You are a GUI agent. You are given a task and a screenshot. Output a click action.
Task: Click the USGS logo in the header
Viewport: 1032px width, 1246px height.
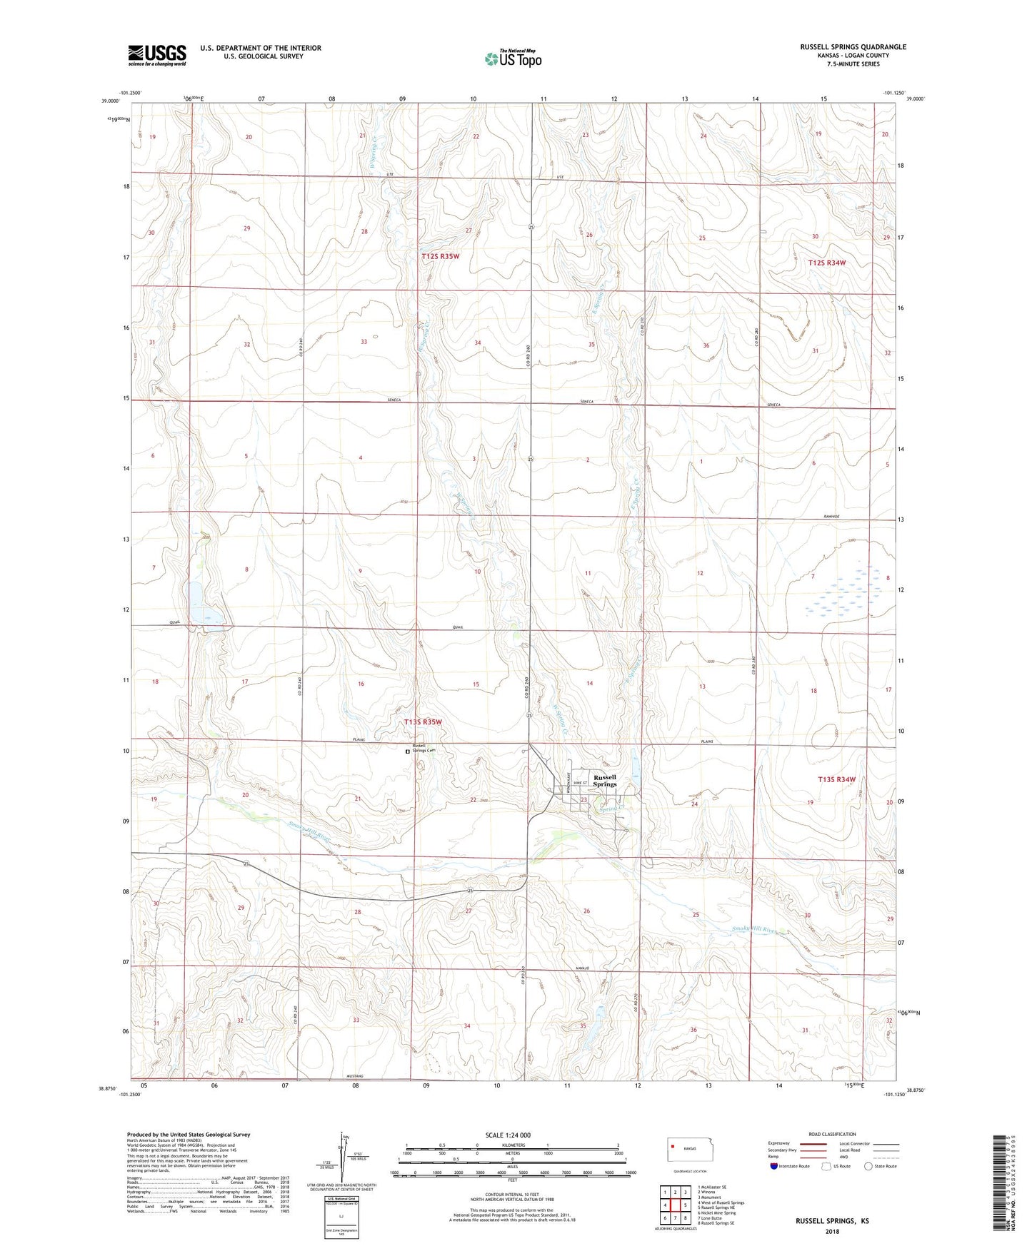point(157,55)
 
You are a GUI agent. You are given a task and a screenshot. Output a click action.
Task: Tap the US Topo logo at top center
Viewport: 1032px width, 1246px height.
point(512,58)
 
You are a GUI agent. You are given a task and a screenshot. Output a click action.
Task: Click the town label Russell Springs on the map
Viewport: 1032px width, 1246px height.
point(604,781)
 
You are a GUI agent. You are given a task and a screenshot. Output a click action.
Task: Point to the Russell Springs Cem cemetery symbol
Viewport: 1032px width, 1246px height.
point(409,751)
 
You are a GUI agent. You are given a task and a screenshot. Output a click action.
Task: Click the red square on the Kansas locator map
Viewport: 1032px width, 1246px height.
point(673,1148)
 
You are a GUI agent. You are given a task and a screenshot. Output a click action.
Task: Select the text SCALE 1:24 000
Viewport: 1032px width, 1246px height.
point(508,1135)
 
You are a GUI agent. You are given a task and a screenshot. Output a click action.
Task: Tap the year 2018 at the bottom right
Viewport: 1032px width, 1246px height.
point(832,1231)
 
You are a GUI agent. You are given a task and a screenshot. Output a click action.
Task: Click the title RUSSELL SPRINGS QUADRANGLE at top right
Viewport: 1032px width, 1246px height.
point(853,47)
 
